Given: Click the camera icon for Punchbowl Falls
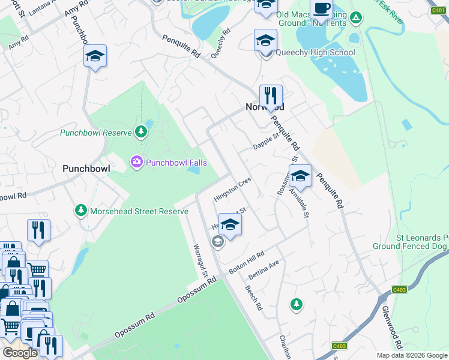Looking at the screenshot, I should click(136, 161).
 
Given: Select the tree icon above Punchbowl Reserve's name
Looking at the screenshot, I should click(141, 131).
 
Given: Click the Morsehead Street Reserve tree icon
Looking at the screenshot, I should click(81, 211).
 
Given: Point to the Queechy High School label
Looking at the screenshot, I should click(315, 52).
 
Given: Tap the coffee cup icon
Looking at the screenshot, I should click(322, 8).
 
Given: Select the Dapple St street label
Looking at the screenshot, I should click(266, 142).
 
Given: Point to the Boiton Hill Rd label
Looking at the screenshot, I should click(246, 262).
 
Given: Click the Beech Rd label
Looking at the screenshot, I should click(254, 298).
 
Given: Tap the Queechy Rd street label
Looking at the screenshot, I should click(220, 44).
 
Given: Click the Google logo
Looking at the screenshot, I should click(20, 353).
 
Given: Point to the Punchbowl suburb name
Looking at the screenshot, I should click(86, 169).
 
